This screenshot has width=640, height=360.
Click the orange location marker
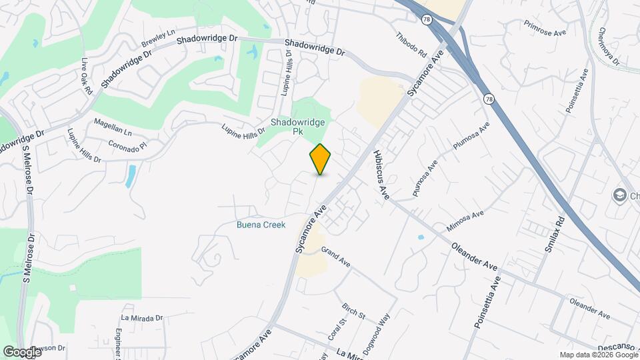coord(320,159)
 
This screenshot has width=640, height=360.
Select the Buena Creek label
coord(261,225)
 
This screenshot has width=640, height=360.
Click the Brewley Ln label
coord(157,39)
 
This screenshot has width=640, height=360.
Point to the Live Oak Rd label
coord(86,77)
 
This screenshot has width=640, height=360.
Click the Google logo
coord(22,352)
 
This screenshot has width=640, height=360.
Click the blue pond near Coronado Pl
coord(131,175)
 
